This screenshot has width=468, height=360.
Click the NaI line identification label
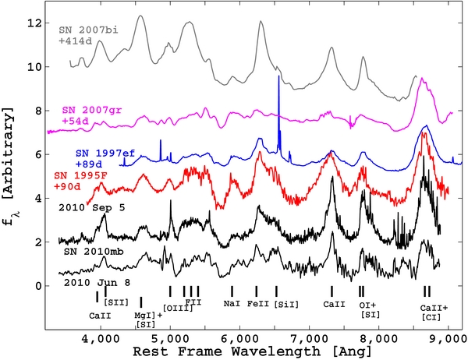pyautogui.click(x=232, y=302)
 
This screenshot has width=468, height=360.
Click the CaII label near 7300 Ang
pyautogui.click(x=333, y=302)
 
